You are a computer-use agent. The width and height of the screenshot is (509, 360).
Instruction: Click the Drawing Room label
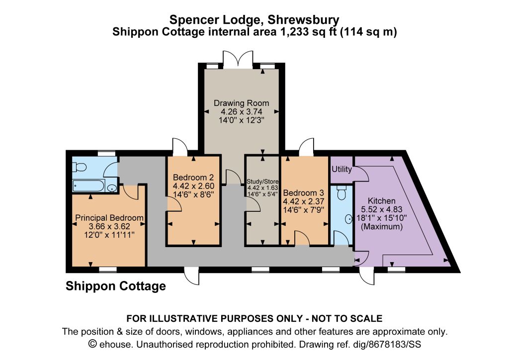pyautogui.click(x=241, y=103)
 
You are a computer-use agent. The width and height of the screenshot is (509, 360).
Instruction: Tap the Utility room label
pyautogui.click(x=341, y=169)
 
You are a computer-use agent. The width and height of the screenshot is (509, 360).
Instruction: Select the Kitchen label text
pyautogui.click(x=381, y=200)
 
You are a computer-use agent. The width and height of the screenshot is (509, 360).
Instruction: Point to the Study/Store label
pyautogui.click(x=262, y=181)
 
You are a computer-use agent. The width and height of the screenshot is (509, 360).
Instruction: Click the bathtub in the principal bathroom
pyautogui.click(x=88, y=186)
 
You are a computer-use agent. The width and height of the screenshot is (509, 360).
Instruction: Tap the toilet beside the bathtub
pyautogui.click(x=79, y=167)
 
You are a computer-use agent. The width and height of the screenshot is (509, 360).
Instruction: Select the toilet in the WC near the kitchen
pyautogui.click(x=341, y=193)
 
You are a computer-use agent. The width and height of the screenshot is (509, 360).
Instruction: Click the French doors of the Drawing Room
pyautogui.click(x=238, y=59)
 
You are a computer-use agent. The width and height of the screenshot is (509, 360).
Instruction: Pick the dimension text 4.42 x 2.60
pyautogui.click(x=193, y=186)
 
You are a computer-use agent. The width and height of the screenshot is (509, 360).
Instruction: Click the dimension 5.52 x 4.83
pyautogui.click(x=381, y=209)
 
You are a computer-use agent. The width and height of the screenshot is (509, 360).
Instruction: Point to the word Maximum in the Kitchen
pyautogui.click(x=381, y=226)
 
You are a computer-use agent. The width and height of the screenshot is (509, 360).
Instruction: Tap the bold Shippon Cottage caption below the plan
pyautogui.click(x=115, y=286)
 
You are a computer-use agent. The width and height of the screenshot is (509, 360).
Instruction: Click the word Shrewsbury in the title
pyautogui.click(x=303, y=20)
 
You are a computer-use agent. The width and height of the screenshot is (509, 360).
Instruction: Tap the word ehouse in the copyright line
pyautogui.click(x=115, y=344)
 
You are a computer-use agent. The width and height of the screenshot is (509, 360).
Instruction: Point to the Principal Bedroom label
pyautogui.click(x=109, y=218)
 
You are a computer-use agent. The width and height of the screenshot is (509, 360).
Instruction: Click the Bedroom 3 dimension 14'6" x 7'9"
pyautogui.click(x=304, y=210)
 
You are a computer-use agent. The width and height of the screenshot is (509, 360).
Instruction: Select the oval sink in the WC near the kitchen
pyautogui.click(x=349, y=219)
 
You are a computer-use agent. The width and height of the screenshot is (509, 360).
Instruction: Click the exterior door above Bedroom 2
pyautogui.click(x=180, y=147)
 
